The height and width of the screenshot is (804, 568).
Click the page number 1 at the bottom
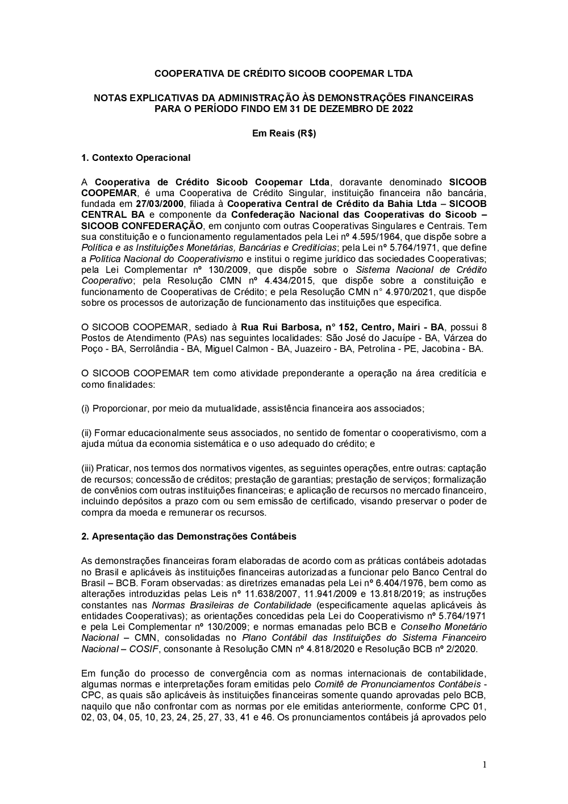[x=484, y=765]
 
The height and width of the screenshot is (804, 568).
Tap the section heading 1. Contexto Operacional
[x=136, y=158]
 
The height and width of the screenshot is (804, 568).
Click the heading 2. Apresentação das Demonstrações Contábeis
[x=189, y=536]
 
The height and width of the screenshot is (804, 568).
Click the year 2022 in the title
[x=402, y=109]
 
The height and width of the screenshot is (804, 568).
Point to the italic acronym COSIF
[x=147, y=649]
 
